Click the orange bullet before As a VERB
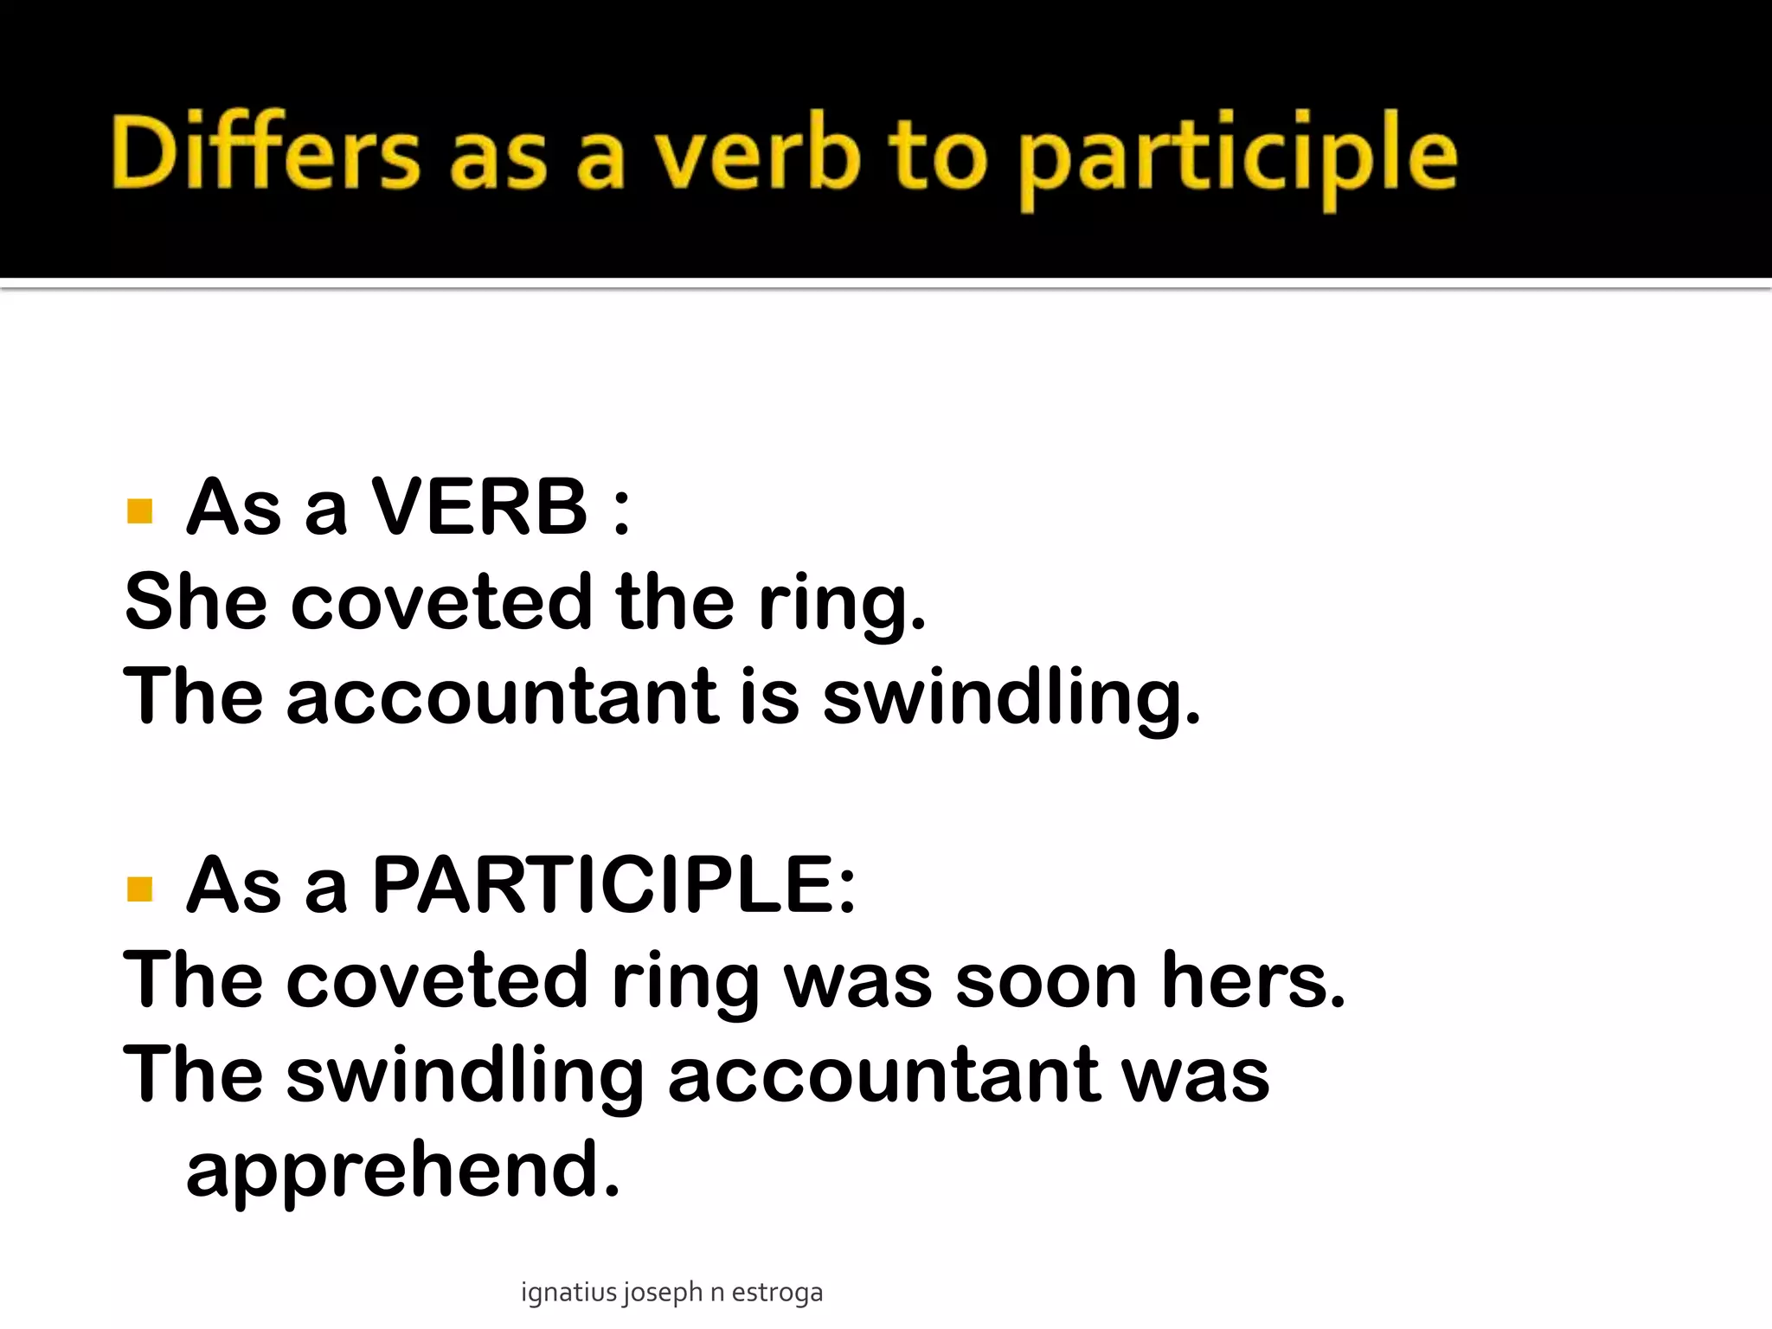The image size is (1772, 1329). [x=139, y=510]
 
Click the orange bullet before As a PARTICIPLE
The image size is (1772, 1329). [x=139, y=889]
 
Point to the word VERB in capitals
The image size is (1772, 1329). [x=480, y=507]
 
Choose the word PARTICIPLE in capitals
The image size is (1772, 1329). [x=604, y=885]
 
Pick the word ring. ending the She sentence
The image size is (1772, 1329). [x=842, y=606]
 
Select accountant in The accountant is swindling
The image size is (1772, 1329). [x=502, y=697]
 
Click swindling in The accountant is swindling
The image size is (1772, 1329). [x=1011, y=699]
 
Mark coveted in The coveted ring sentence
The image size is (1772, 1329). [x=437, y=980]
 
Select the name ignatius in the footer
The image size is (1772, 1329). [x=569, y=1293]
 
